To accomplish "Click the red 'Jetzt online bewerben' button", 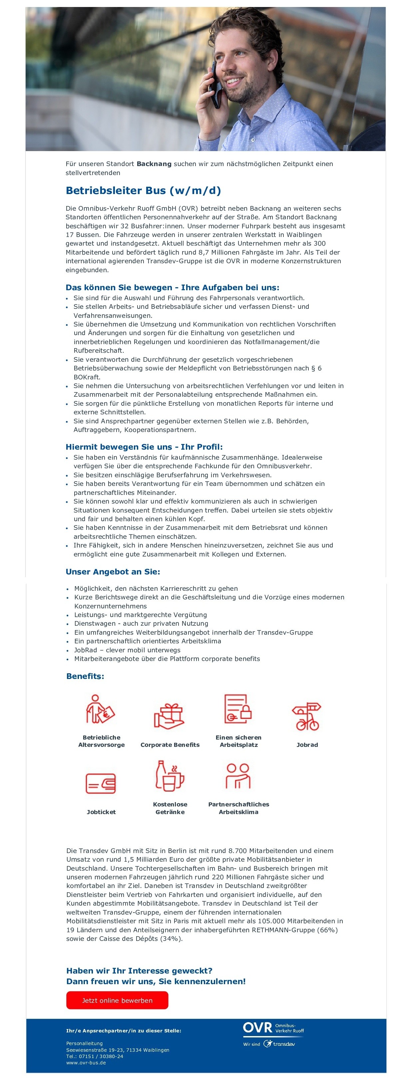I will coord(117,1000).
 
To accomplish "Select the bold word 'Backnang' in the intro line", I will coord(154,163).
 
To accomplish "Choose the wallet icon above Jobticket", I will coord(101,783).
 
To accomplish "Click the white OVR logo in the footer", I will coord(258,1027).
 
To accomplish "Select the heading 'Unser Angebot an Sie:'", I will coord(113,571).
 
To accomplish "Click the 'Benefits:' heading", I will coord(85,676).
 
